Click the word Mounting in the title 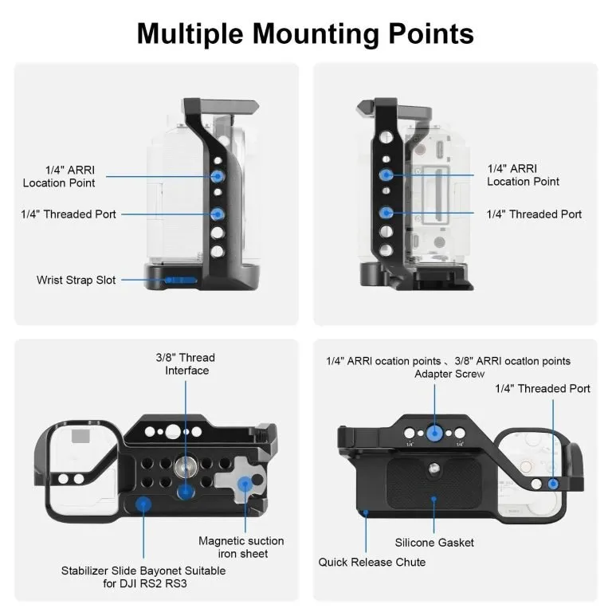[316, 34]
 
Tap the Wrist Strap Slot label [76, 280]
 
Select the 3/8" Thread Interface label [186, 363]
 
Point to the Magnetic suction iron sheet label [241, 547]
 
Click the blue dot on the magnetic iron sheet [245, 484]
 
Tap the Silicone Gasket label [434, 543]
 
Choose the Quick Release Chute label [372, 562]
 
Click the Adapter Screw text [449, 374]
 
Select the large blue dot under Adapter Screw [434, 433]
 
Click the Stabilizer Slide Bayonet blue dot [143, 504]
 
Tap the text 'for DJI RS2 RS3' [145, 583]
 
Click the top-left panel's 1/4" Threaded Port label [69, 214]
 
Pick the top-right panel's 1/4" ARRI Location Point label [523, 175]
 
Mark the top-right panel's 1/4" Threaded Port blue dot [386, 213]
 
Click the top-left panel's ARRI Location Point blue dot [218, 176]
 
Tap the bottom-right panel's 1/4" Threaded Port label [543, 388]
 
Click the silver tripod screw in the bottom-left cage [183, 466]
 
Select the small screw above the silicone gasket [433, 467]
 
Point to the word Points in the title [431, 34]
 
